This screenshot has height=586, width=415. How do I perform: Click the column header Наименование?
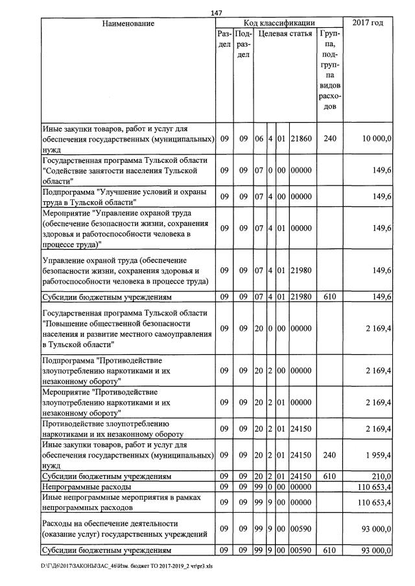point(128,23)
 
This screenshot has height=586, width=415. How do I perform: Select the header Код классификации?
point(279,23)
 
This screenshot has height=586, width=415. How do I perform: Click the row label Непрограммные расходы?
point(86,486)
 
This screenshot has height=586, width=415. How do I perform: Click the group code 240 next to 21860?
point(330,138)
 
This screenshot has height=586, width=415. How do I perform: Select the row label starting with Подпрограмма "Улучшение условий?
point(123,197)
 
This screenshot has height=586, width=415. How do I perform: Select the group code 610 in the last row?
point(330,550)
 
